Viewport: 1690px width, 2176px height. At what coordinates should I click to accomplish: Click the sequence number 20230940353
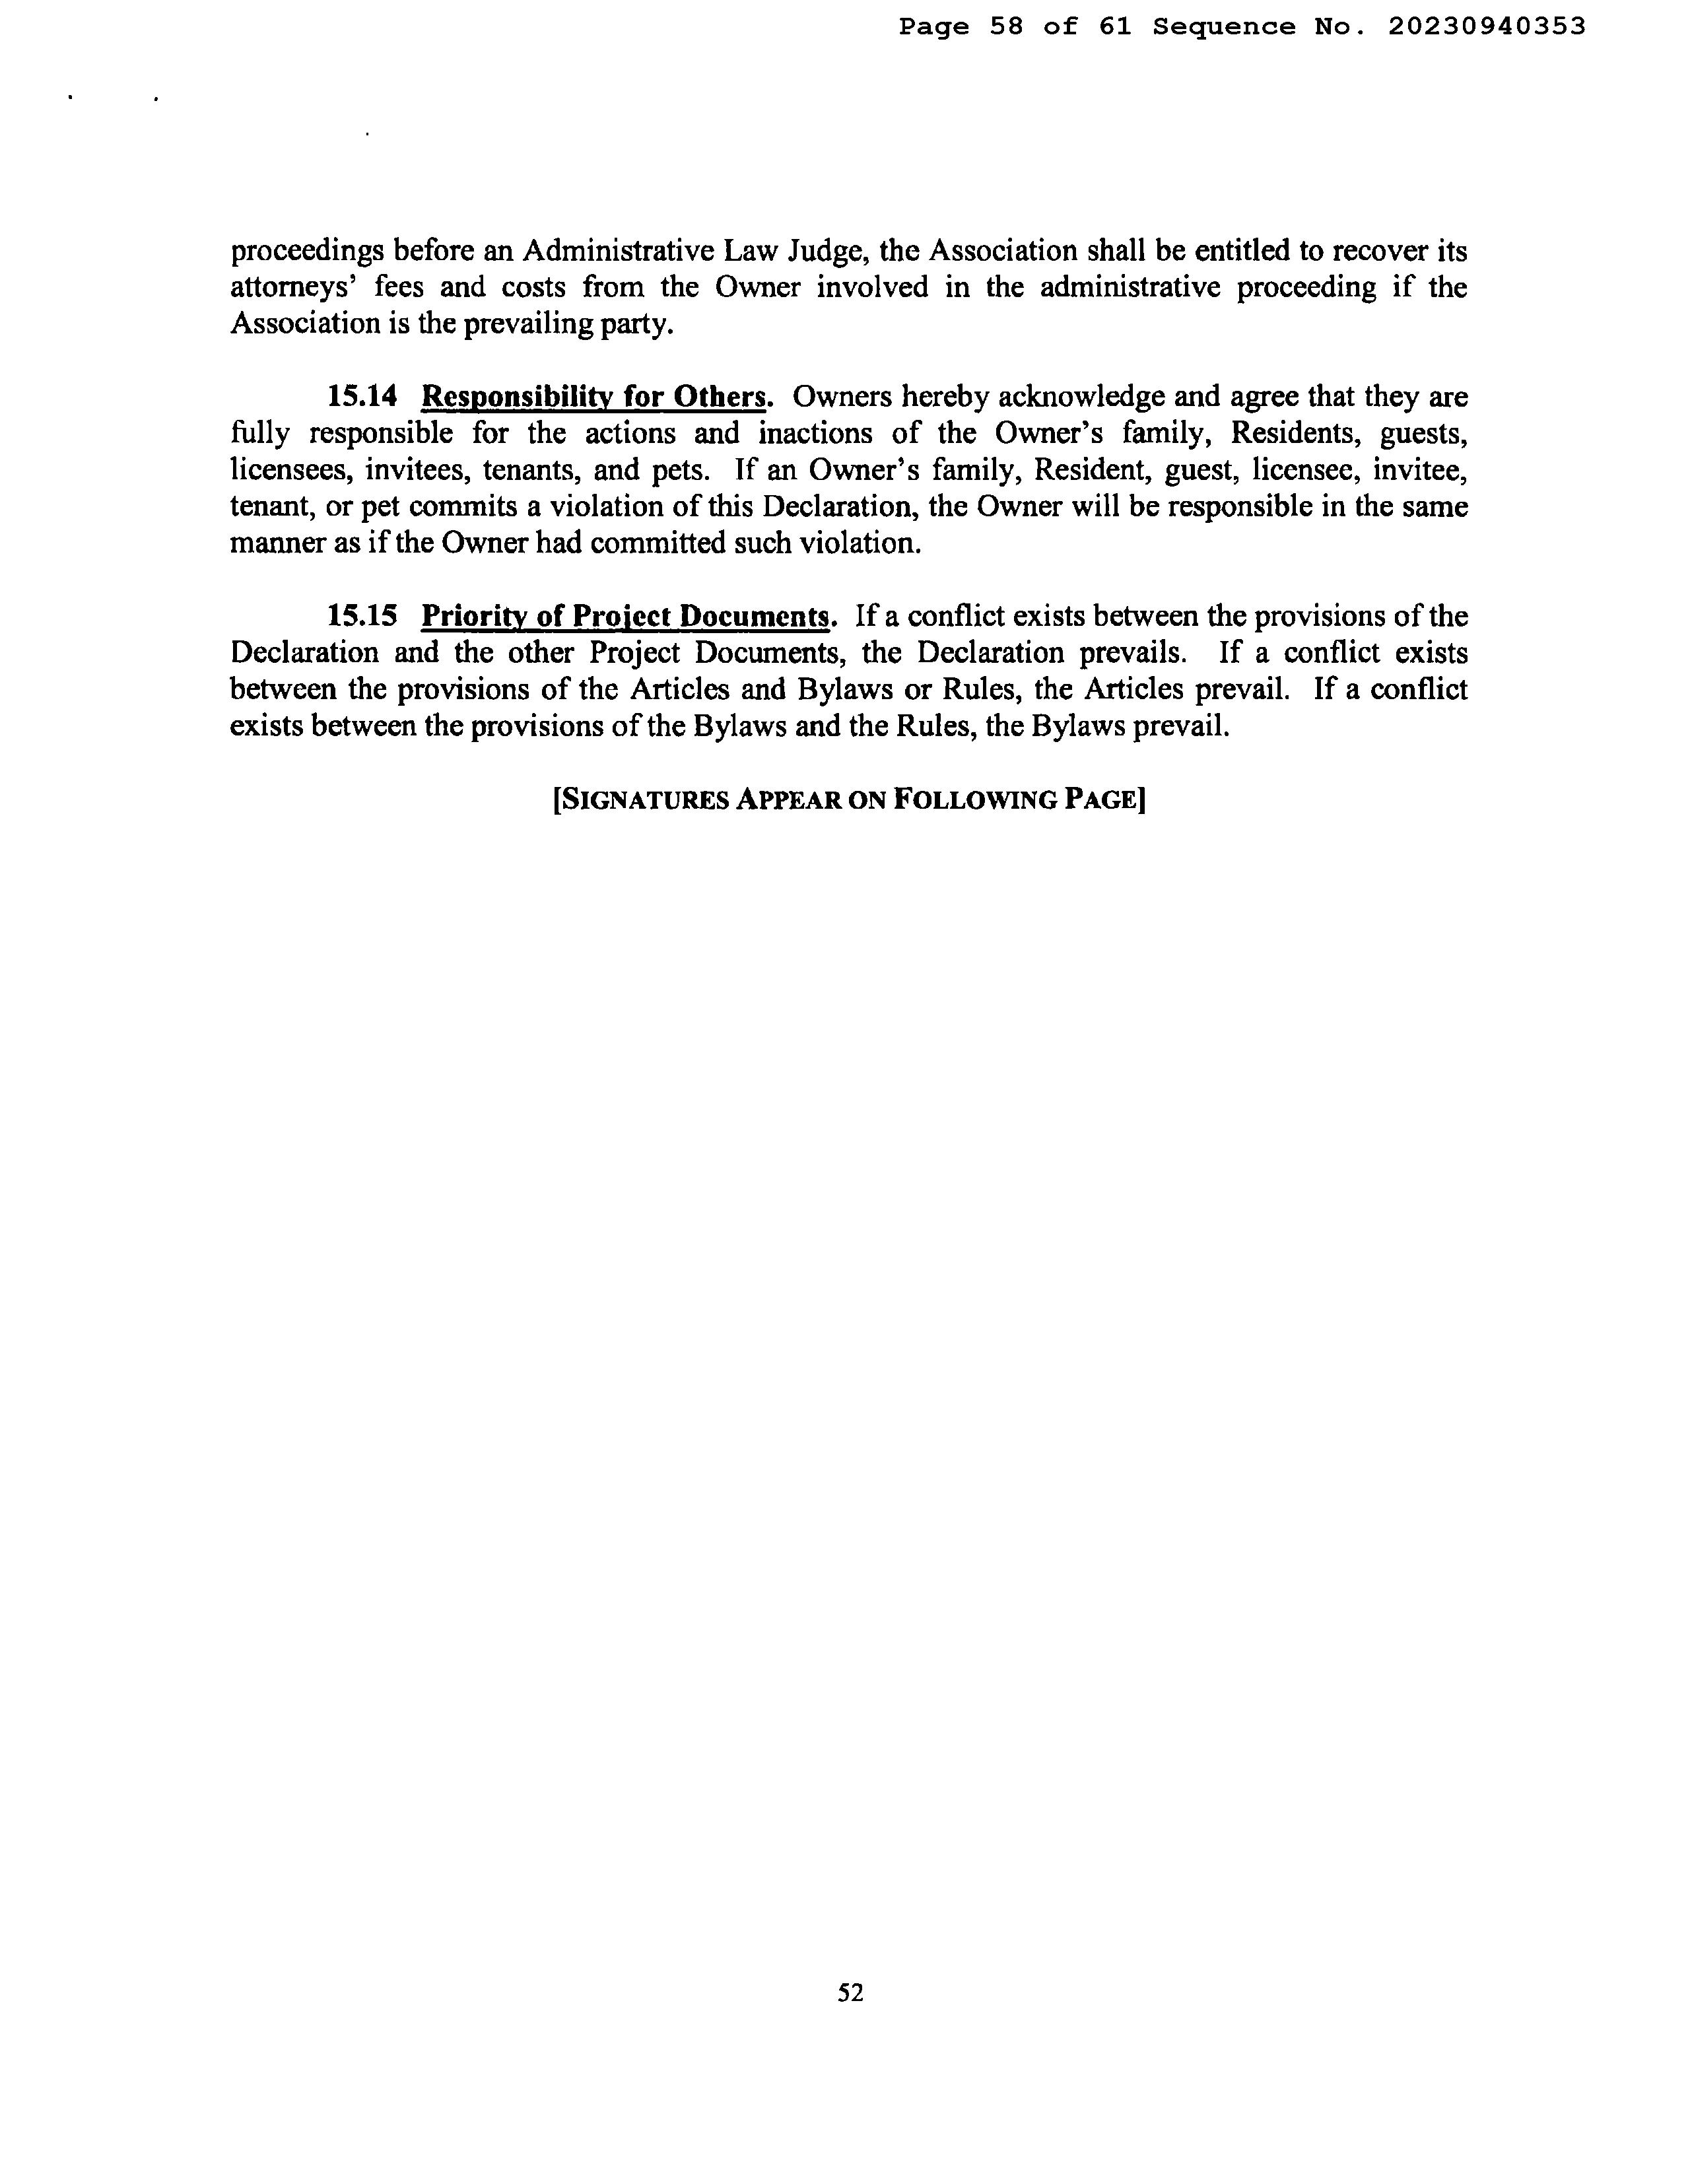1486,27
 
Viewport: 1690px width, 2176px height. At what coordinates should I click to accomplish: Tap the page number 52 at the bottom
850,1992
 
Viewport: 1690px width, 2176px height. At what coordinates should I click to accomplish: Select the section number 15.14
362,397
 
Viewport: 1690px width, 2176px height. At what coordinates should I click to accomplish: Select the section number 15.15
362,616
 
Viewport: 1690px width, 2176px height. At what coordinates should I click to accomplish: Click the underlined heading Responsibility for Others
595,397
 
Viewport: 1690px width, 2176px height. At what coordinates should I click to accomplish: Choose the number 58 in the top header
1007,27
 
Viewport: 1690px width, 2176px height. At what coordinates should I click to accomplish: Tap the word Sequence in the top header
1225,27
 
